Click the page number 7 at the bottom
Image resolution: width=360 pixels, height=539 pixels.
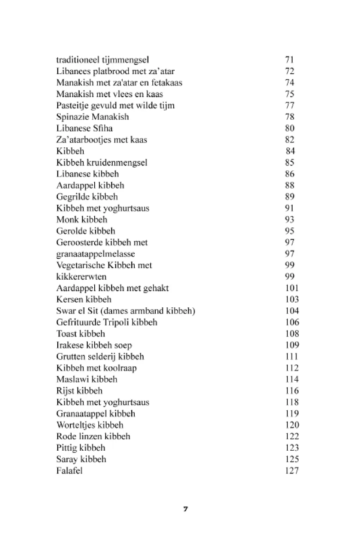click(185, 509)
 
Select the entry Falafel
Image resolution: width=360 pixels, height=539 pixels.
click(69, 471)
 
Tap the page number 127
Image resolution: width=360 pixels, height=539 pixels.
click(292, 471)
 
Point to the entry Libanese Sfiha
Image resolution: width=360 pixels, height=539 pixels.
click(84, 128)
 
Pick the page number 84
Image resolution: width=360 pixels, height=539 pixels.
click(290, 151)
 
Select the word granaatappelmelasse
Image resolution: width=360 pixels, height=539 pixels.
click(95, 254)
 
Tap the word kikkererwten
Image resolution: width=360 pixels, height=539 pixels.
click(81, 277)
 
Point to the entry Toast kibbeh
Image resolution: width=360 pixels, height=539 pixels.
click(80, 334)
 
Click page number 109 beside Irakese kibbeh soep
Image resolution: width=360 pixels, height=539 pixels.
click(292, 345)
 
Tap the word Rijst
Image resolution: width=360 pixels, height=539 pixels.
click(64, 391)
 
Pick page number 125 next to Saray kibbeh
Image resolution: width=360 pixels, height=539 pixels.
click(292, 459)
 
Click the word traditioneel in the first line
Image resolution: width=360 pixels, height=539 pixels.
click(77, 60)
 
